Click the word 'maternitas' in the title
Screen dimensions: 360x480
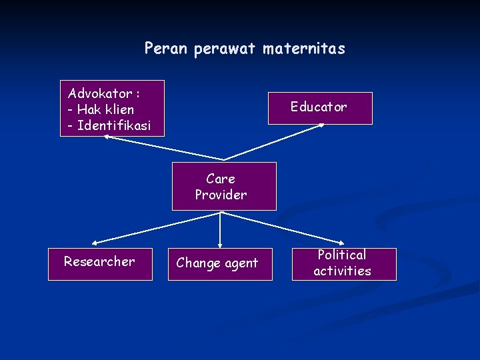pyautogui.click(x=304, y=49)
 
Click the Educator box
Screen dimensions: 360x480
pyautogui.click(x=320, y=108)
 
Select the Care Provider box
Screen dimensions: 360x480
pyautogui.click(x=224, y=186)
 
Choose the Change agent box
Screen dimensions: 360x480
pyautogui.click(x=219, y=264)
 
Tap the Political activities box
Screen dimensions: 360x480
pyautogui.click(x=344, y=263)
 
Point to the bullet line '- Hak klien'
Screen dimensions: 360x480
pyautogui.click(x=101, y=109)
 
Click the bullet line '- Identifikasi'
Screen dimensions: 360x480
pyautogui.click(x=109, y=125)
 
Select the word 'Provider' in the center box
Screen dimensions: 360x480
pyautogui.click(x=221, y=195)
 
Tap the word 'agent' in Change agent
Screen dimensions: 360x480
pyautogui.click(x=241, y=264)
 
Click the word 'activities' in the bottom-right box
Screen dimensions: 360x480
pyautogui.click(x=342, y=271)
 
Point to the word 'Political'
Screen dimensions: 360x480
pyautogui.click(x=342, y=255)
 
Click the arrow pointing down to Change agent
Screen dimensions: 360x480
pyautogui.click(x=220, y=231)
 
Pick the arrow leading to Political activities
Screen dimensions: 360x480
pyautogui.click(x=283, y=227)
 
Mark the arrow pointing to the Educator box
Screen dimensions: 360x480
pyautogui.click(x=273, y=141)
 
